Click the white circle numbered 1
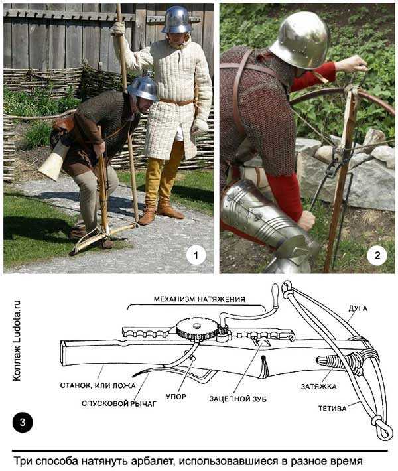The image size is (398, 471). pos(196,255)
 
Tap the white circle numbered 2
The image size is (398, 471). pos(377,255)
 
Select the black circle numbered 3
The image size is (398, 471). pos(23,423)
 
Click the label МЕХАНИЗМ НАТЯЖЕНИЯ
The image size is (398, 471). pos(199,299)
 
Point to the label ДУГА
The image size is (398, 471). pos(358,308)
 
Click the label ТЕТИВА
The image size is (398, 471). pos(332,409)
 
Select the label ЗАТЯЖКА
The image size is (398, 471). pos(318,387)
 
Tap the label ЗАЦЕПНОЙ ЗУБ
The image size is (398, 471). pos(238,399)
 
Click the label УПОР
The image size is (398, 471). pos(176,397)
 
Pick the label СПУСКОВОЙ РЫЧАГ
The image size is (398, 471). pos(119,403)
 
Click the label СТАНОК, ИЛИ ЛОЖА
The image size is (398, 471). pos(98,385)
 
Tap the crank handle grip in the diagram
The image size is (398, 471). pos(275,291)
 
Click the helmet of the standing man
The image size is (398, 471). pos(177,19)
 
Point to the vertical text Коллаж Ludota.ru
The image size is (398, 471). pos(17,340)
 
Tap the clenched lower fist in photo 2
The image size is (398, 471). pos(306,220)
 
